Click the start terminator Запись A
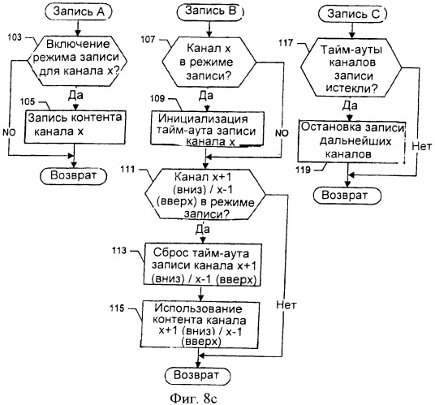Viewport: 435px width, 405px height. point(79,12)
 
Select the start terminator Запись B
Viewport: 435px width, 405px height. point(211,12)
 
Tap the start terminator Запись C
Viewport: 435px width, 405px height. point(353,14)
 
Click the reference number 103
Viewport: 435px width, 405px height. point(15,37)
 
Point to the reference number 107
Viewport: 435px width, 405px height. point(148,40)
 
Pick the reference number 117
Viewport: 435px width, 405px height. point(286,43)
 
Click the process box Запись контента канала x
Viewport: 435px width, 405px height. point(75,127)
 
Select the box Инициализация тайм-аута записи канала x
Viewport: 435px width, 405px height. point(207,128)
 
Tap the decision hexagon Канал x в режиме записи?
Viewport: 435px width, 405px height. point(209,62)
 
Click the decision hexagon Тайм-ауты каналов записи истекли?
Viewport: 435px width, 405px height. point(351,67)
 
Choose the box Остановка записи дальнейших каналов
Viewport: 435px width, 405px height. point(351,141)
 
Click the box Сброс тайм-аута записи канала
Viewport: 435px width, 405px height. point(203,265)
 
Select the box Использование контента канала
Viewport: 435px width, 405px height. point(200,325)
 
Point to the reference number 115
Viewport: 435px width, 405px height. point(117,308)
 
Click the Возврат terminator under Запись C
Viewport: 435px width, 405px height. point(347,196)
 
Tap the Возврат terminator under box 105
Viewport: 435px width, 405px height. point(74,176)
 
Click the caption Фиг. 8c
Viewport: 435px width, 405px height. point(193,399)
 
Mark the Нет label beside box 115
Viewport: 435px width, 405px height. point(286,305)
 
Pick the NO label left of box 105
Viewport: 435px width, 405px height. point(9,132)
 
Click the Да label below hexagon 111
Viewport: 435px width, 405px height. point(203,230)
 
